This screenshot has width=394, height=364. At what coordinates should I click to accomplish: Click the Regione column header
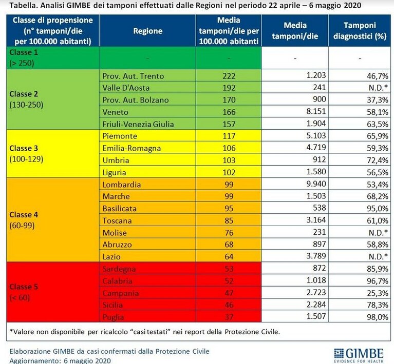coord(147,31)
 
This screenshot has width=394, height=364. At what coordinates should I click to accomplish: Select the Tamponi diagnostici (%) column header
coord(360,31)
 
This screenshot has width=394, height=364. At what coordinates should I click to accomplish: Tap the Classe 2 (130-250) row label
coord(26,99)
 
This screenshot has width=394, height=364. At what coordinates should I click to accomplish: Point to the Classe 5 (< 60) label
coord(24,292)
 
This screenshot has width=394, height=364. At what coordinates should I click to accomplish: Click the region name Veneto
coord(116,112)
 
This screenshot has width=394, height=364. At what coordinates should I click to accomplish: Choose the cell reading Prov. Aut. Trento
coord(133,76)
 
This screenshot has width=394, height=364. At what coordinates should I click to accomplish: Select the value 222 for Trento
coord(229,76)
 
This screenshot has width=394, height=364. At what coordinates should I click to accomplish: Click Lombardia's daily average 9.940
coord(316,184)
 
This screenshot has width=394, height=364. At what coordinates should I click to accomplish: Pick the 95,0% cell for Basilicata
coord(378,209)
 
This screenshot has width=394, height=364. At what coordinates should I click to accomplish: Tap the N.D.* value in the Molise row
coord(378,233)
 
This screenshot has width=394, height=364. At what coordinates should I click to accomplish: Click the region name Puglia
coord(113,317)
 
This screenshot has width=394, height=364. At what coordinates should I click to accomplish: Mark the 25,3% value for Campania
coord(378,293)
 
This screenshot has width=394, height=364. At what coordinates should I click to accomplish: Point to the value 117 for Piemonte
coord(229,136)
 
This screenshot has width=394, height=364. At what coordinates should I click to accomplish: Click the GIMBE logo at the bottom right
coord(359,355)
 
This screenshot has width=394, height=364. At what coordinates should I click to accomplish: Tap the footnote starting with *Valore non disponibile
coord(144,332)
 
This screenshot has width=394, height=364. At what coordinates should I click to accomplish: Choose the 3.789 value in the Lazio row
coord(316,256)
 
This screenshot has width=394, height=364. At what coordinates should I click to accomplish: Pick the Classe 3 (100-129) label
coord(26,153)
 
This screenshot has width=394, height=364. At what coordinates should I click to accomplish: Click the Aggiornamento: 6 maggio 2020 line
coord(60,360)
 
